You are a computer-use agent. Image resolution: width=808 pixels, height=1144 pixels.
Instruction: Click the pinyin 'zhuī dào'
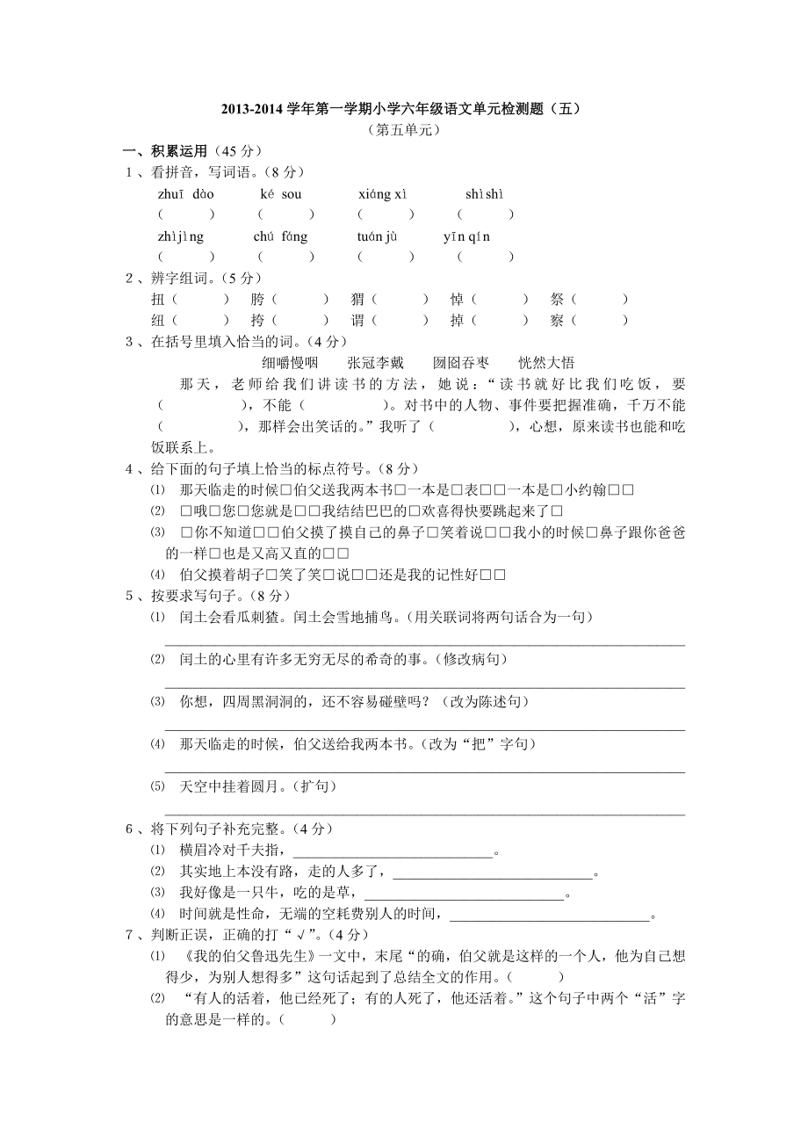[x=186, y=193]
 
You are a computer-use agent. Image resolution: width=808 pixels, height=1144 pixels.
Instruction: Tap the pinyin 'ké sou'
[x=281, y=193]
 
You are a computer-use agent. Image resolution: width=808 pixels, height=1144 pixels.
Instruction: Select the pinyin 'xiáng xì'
[x=383, y=193]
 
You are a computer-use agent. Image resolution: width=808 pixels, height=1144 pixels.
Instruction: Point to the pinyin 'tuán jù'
[x=378, y=236]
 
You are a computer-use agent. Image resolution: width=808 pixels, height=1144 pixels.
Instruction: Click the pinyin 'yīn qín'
[x=467, y=236]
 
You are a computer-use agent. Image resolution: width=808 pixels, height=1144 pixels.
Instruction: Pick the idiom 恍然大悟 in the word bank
[x=546, y=362]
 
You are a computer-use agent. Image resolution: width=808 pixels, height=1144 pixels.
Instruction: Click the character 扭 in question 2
[x=159, y=300]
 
